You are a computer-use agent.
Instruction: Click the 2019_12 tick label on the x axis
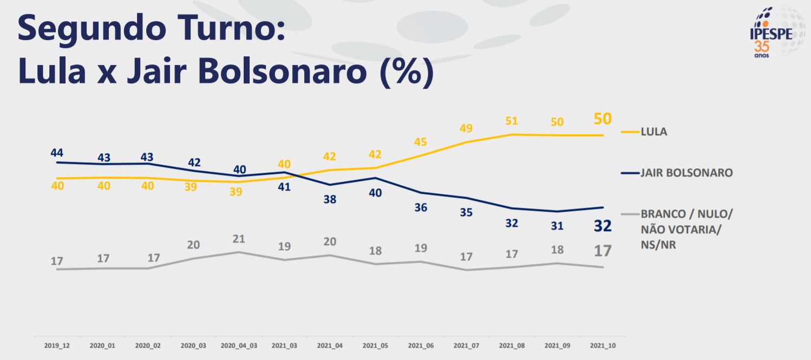tap(57, 345)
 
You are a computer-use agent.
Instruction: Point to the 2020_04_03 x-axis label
tap(239, 345)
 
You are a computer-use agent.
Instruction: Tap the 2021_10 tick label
tap(603, 345)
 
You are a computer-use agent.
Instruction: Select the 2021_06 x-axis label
tap(421, 345)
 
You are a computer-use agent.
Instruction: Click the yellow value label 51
tap(512, 121)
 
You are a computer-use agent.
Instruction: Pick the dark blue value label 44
tap(57, 153)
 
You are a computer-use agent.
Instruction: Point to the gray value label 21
tap(239, 239)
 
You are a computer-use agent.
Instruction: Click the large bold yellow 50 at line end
tap(603, 119)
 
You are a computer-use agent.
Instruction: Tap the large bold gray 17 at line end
tap(603, 251)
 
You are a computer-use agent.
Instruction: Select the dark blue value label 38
tap(330, 199)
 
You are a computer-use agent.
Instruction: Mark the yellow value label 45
tap(421, 142)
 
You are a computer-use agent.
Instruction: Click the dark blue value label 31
tap(557, 226)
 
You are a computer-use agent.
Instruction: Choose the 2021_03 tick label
tap(284, 345)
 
